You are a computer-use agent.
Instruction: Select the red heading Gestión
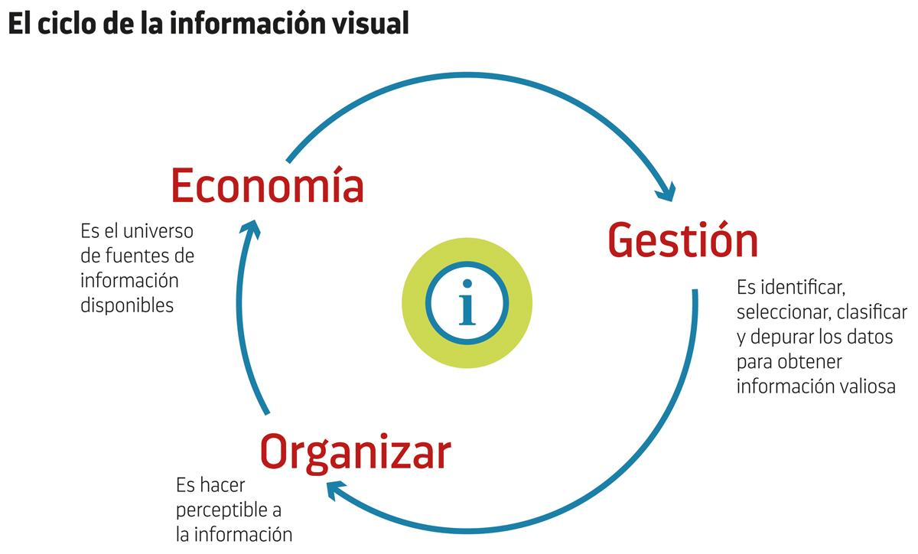(x=682, y=240)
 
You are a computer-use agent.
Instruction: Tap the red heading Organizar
(x=355, y=451)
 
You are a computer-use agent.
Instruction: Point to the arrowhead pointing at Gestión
(x=667, y=192)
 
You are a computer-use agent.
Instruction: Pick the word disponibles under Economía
(x=127, y=305)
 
